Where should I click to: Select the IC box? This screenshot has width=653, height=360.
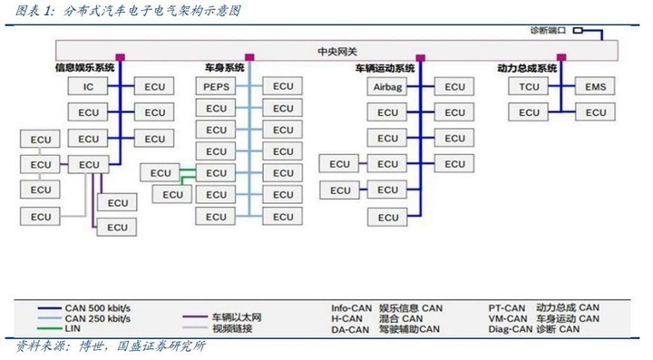click(x=89, y=87)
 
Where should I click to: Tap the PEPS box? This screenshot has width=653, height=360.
click(x=217, y=87)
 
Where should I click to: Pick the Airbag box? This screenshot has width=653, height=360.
click(x=388, y=87)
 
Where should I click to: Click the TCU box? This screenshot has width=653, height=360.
click(x=530, y=87)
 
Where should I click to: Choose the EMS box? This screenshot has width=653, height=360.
click(x=596, y=87)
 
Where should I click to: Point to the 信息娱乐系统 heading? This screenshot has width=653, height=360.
click(x=86, y=69)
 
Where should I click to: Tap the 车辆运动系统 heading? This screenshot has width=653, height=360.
click(x=385, y=69)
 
